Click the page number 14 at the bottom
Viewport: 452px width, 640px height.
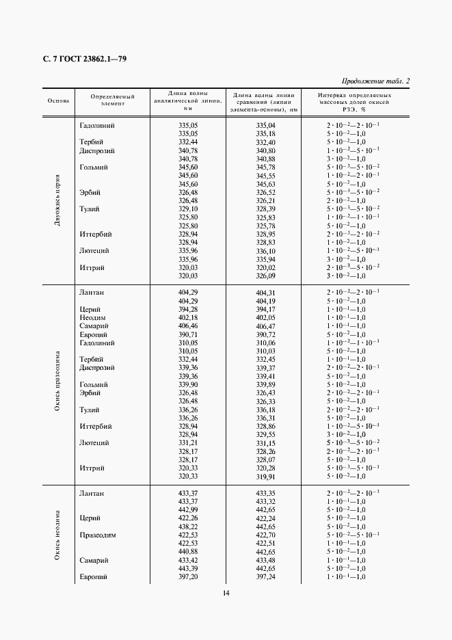226,593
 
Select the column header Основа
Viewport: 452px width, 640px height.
58,101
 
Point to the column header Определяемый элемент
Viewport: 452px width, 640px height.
113,101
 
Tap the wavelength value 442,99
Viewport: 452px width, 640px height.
187,510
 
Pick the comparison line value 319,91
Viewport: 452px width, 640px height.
265,476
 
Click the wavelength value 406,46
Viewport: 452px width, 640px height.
187,326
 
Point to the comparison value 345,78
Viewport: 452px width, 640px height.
265,168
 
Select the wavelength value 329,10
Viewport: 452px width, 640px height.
187,209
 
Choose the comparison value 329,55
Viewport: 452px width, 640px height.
265,434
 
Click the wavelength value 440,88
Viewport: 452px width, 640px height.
187,552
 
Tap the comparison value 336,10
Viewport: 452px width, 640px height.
265,251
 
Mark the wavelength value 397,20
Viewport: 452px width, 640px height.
187,577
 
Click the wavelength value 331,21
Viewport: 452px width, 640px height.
187,442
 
